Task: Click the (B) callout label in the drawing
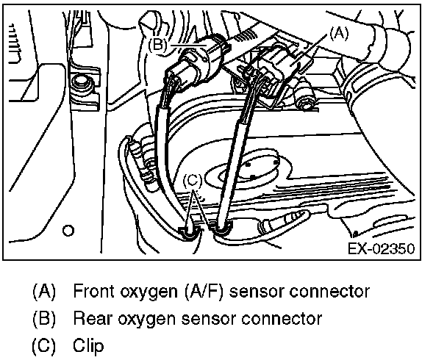(160, 44)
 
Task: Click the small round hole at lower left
(68, 231)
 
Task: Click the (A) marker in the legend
(44, 291)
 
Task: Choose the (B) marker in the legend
(44, 318)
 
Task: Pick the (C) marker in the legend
(44, 345)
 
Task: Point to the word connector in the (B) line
(284, 318)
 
